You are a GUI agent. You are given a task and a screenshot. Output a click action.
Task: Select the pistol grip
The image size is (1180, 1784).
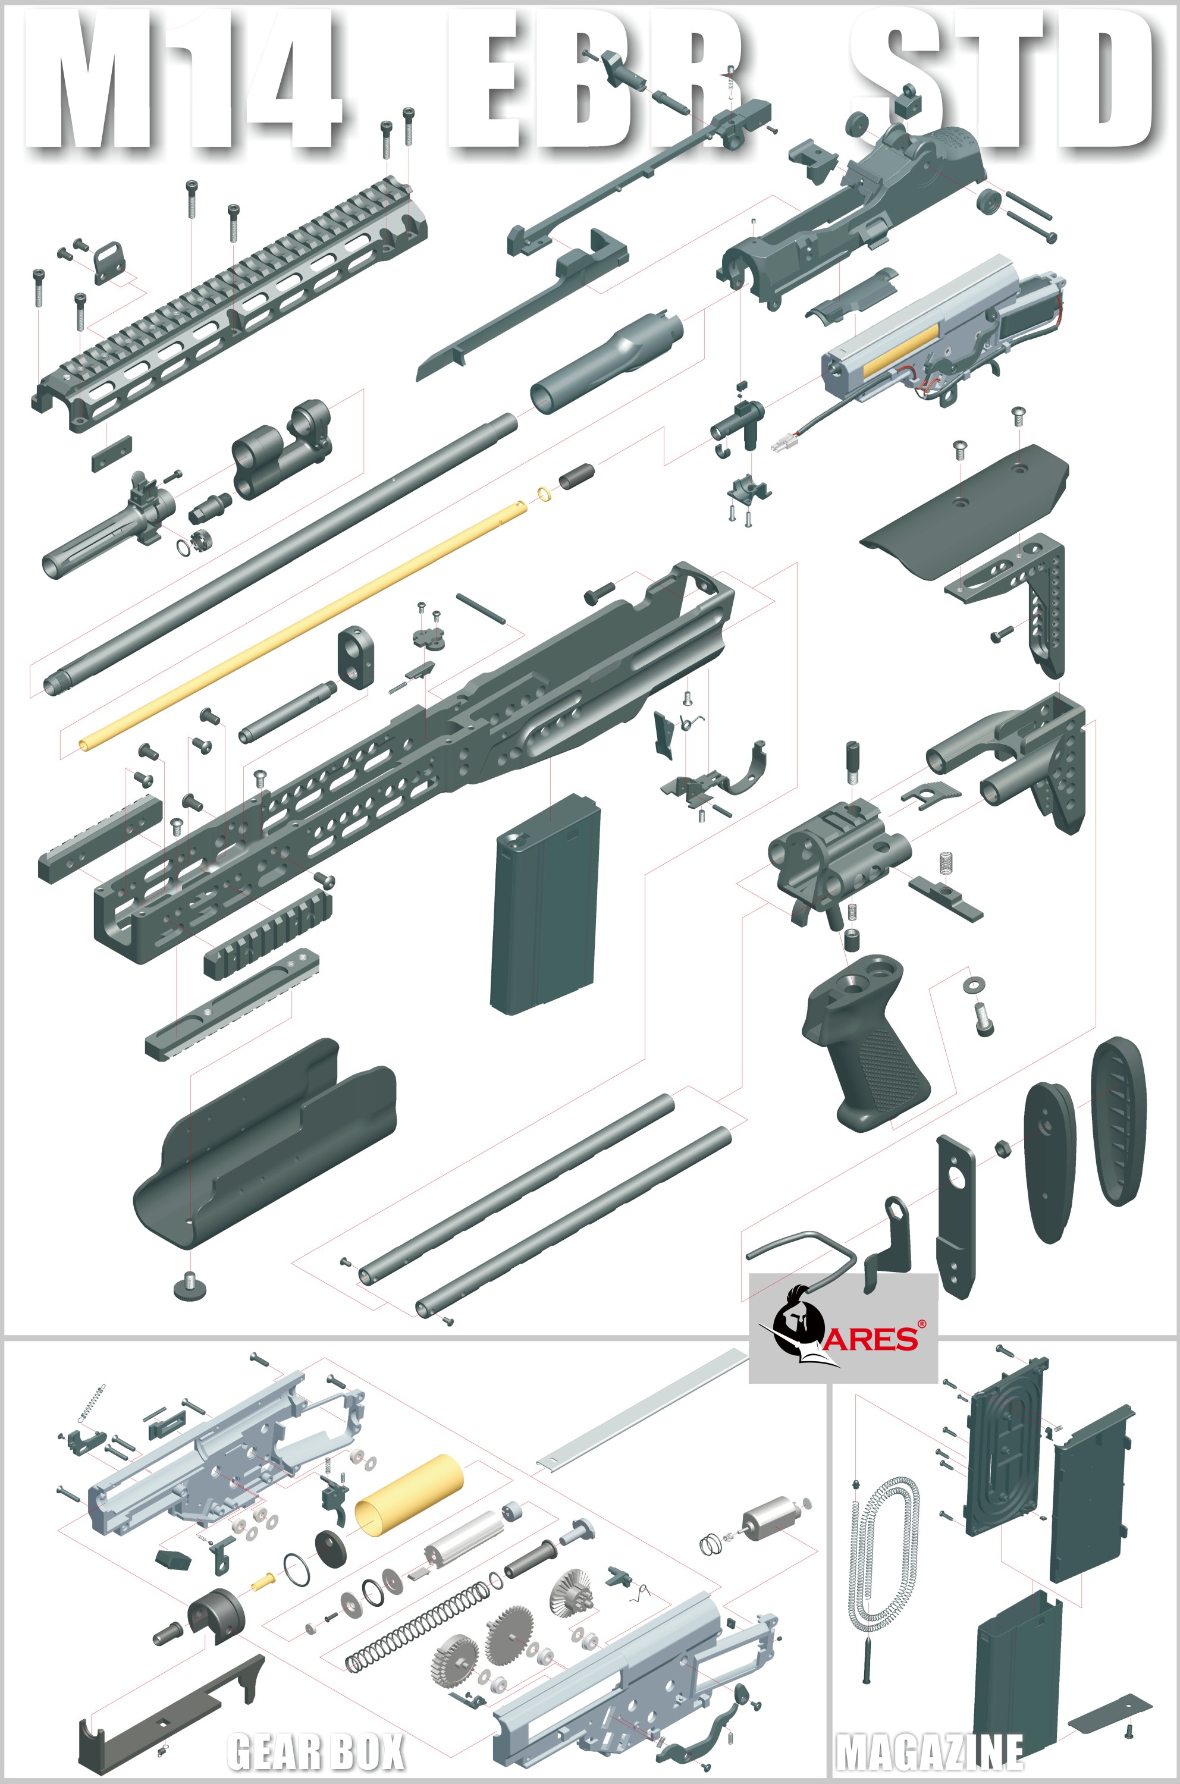click(x=865, y=1041)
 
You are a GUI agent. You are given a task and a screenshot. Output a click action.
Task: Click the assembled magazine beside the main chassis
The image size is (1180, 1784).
click(x=545, y=904)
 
